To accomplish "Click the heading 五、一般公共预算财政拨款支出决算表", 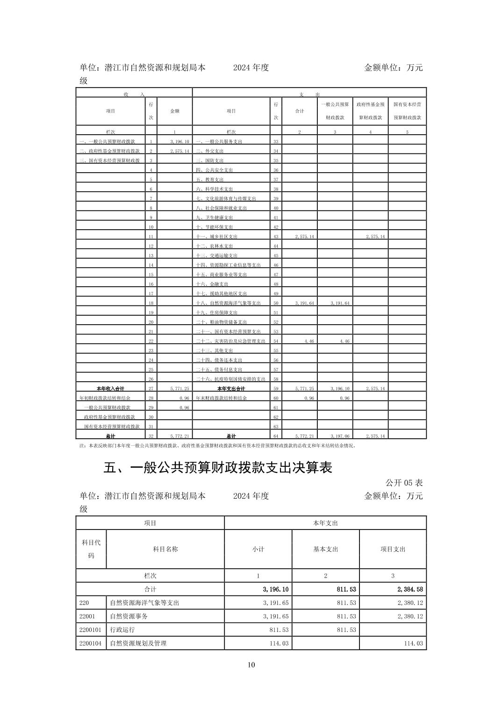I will pyautogui.click(x=218, y=468).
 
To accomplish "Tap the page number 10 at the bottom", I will pyautogui.click(x=251, y=665).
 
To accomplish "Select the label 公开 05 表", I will pyautogui.click(x=404, y=482).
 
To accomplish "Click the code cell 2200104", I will pyautogui.click(x=90, y=643).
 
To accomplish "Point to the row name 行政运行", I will pyautogui.click(x=122, y=630).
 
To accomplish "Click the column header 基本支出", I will pyautogui.click(x=325, y=549).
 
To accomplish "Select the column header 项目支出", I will pyautogui.click(x=393, y=549).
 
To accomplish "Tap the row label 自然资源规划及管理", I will pyautogui.click(x=138, y=643).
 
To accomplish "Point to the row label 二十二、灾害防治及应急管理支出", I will pyautogui.click(x=230, y=341).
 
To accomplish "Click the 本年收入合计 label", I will pyautogui.click(x=110, y=389).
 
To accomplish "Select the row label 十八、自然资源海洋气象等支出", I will pyautogui.click(x=228, y=303).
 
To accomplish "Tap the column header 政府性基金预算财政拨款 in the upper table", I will pyautogui.click(x=370, y=111).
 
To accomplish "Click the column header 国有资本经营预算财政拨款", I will pyautogui.click(x=407, y=111).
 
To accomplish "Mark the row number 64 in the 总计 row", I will pyautogui.click(x=276, y=436).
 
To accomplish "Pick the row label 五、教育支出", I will pyautogui.click(x=210, y=180).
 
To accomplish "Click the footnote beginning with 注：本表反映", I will pyautogui.click(x=218, y=446).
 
